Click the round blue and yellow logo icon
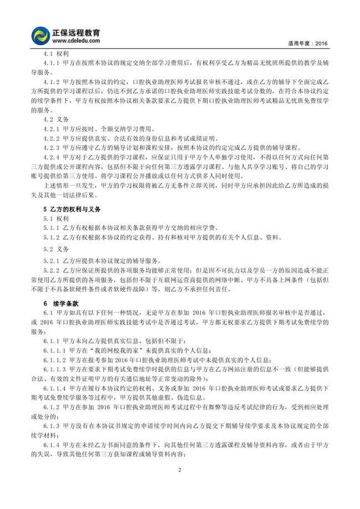point(41,35)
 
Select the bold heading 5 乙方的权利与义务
point(73,210)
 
